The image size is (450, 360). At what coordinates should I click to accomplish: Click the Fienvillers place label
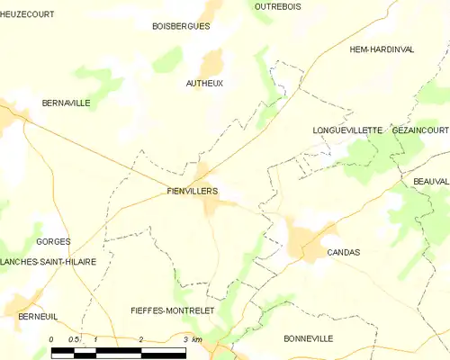click(193, 191)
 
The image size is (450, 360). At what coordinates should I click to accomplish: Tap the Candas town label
click(344, 253)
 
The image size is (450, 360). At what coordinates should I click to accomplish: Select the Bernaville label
click(66, 103)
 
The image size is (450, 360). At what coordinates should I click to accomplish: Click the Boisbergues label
click(181, 26)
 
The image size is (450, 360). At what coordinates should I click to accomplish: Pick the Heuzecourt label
click(27, 14)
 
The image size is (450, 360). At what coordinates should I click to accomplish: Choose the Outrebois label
click(277, 6)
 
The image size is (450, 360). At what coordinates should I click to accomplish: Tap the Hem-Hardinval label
click(382, 49)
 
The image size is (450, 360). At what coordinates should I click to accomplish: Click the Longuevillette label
click(347, 130)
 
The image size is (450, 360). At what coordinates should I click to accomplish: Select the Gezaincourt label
click(420, 130)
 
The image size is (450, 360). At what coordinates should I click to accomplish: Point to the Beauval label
click(431, 181)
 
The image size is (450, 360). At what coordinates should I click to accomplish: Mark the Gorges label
click(53, 242)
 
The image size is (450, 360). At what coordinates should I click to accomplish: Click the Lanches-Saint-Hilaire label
click(49, 261)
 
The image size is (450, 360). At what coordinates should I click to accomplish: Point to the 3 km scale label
click(191, 339)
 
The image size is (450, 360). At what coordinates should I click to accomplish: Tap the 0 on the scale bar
click(52, 339)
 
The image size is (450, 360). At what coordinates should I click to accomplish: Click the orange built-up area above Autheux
click(212, 62)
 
